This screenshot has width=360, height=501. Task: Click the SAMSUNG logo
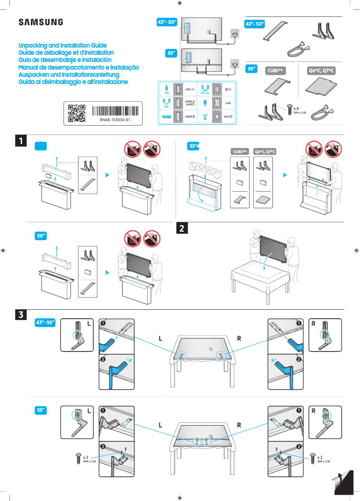[x=40, y=22]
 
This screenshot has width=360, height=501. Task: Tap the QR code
[x=76, y=113]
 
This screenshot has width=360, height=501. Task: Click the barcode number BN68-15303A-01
[x=115, y=120]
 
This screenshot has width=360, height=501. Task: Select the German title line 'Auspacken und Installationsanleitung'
[x=68, y=75]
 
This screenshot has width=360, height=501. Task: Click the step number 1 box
[x=21, y=141]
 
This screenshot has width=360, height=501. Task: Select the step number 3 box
[x=21, y=315]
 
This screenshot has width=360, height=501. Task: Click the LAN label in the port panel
[x=228, y=103]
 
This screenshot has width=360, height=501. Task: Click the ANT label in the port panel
[x=228, y=116]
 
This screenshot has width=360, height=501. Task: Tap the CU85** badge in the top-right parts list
[x=277, y=71]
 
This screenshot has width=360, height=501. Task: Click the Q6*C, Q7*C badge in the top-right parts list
[x=322, y=71]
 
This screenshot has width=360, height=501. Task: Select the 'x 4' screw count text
[x=296, y=109]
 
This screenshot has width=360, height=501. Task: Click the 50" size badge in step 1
[x=41, y=236]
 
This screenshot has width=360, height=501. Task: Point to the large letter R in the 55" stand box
[x=313, y=411]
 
